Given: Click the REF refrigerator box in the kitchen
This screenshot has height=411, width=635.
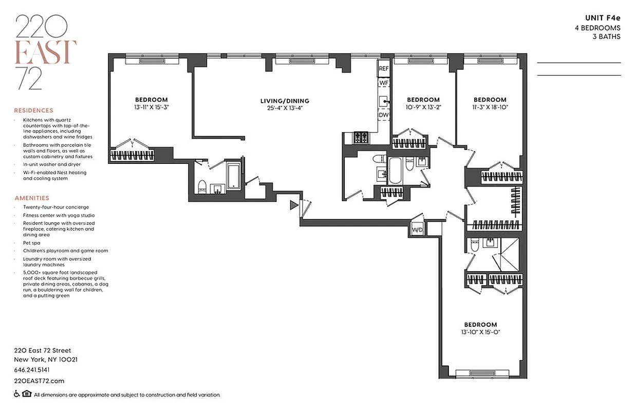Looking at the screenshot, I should (x=384, y=68).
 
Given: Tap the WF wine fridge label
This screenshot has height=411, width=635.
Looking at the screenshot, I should (x=384, y=82).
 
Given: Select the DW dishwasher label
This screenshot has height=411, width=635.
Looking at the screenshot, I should (x=384, y=115).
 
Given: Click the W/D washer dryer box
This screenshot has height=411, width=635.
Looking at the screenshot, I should (x=417, y=230).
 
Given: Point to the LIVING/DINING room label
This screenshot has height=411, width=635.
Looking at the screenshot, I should (x=285, y=101).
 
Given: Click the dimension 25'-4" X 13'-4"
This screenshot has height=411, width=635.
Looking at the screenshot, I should (x=285, y=108).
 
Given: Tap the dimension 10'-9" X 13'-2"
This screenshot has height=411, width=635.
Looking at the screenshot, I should (x=423, y=107).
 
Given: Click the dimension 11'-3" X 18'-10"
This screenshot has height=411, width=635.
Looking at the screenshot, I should (x=490, y=107).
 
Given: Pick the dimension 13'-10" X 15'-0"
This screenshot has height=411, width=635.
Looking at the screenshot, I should (x=480, y=332).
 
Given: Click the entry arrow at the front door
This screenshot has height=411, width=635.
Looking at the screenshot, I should (x=294, y=206).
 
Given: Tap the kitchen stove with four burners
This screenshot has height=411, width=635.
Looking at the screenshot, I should (x=360, y=137).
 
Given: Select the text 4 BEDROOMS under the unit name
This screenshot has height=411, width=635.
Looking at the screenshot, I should (x=597, y=28).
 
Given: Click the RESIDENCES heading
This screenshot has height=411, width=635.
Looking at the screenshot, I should (x=33, y=110).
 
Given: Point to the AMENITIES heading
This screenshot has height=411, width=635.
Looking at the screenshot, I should (x=32, y=198).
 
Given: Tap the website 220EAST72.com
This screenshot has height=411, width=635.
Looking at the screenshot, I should (x=39, y=381).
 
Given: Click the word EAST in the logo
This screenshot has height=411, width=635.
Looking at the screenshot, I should (x=46, y=51).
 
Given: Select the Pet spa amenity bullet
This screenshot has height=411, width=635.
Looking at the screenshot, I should (x=31, y=242).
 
